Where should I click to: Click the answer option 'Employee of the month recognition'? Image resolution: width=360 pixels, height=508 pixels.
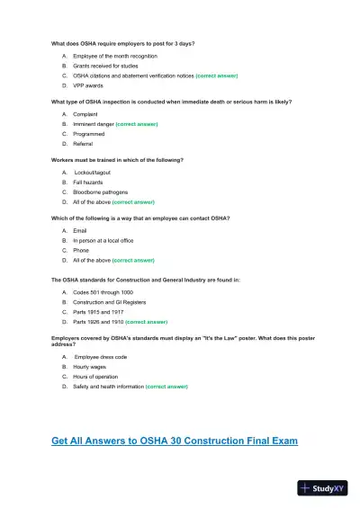(108, 56)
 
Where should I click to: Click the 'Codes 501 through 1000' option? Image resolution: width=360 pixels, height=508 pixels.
(100, 292)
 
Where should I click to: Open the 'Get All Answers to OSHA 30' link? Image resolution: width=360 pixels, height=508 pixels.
(175, 441)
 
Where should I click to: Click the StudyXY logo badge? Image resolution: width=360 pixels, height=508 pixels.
(322, 488)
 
